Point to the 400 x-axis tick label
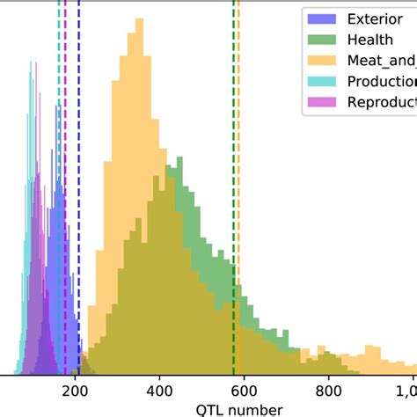click(159, 391)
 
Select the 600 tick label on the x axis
click(244, 391)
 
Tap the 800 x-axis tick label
click(328, 391)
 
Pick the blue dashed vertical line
click(78, 53)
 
